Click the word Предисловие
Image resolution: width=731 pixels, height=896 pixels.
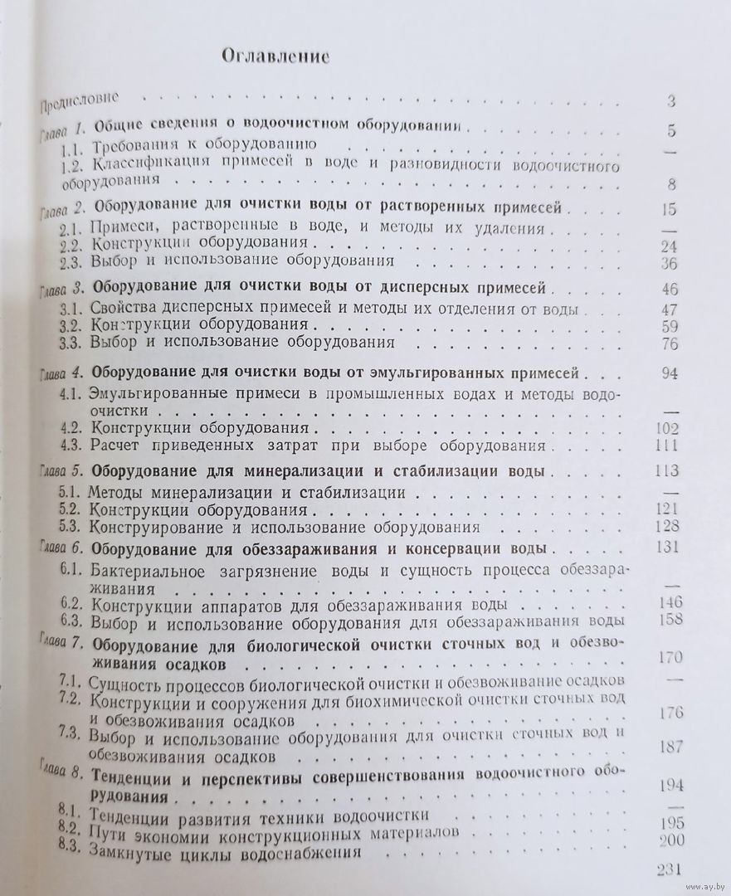point(82,105)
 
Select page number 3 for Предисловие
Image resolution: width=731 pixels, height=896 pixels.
point(670,102)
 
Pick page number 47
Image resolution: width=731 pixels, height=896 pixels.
point(670,309)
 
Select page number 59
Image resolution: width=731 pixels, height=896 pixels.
point(670,326)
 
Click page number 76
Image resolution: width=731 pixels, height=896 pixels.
point(670,344)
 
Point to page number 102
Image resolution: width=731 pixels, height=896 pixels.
point(666,429)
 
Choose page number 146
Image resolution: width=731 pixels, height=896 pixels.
point(667,602)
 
